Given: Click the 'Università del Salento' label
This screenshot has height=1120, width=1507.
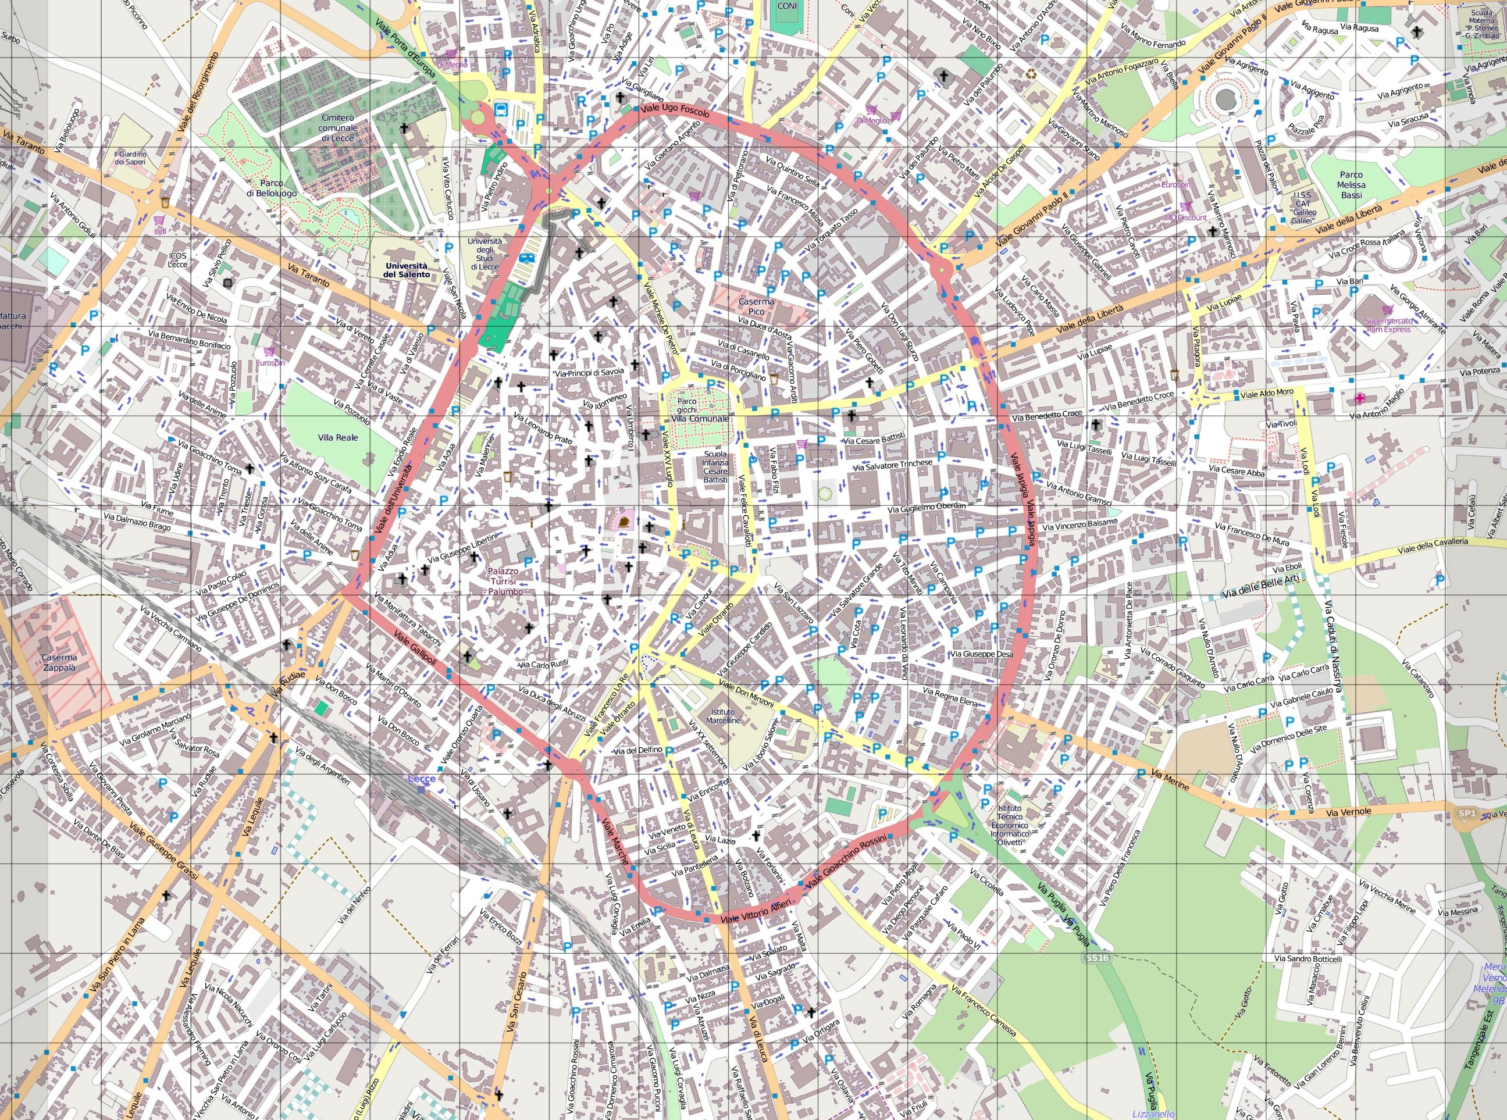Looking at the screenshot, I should (406, 270).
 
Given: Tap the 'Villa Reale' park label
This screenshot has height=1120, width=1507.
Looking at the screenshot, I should (337, 437).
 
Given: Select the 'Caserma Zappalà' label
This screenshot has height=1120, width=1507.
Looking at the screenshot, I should (59, 662).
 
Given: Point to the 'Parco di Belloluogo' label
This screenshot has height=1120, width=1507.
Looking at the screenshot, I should (271, 188).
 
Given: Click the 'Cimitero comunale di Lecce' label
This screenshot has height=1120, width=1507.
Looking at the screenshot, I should (337, 127).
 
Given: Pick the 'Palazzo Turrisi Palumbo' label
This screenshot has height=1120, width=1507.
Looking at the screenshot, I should (505, 581).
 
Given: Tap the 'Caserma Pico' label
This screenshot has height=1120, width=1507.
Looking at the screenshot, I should (756, 306).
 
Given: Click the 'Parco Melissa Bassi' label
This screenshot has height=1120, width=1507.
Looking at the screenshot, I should (1351, 184).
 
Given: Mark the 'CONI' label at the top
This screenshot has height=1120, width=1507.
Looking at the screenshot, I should (787, 6).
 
